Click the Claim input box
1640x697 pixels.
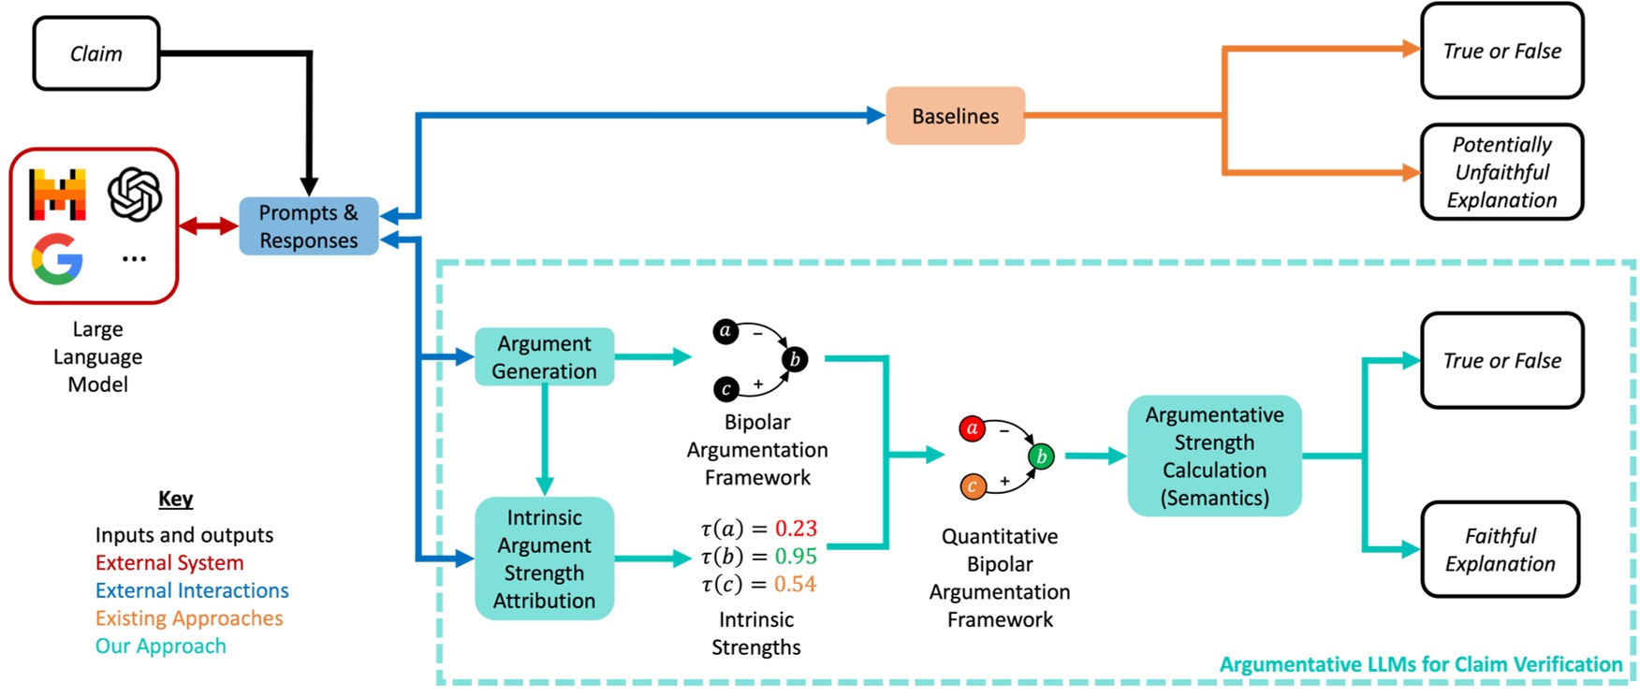pos(96,53)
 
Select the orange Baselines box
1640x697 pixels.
pos(955,116)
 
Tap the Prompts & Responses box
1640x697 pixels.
pos(308,226)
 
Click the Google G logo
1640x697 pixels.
pos(57,259)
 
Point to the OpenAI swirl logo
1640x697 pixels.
pos(135,194)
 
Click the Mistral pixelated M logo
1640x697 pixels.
pos(57,194)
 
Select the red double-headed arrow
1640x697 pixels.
pos(208,226)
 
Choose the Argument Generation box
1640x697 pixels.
pos(544,357)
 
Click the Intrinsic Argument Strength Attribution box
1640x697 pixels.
pos(544,559)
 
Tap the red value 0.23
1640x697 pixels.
pos(796,529)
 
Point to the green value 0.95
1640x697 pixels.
pos(796,557)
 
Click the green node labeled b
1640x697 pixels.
pos(1041,457)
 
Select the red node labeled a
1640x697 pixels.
pos(973,428)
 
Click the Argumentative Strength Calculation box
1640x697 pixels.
pos(1214,457)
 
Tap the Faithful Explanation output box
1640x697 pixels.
pos(1500,550)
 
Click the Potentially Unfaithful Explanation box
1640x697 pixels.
pos(1501,172)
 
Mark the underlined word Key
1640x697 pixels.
pos(176,499)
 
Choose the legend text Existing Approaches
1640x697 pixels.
pos(188,618)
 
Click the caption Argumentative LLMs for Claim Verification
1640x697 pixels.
pos(1420,664)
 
